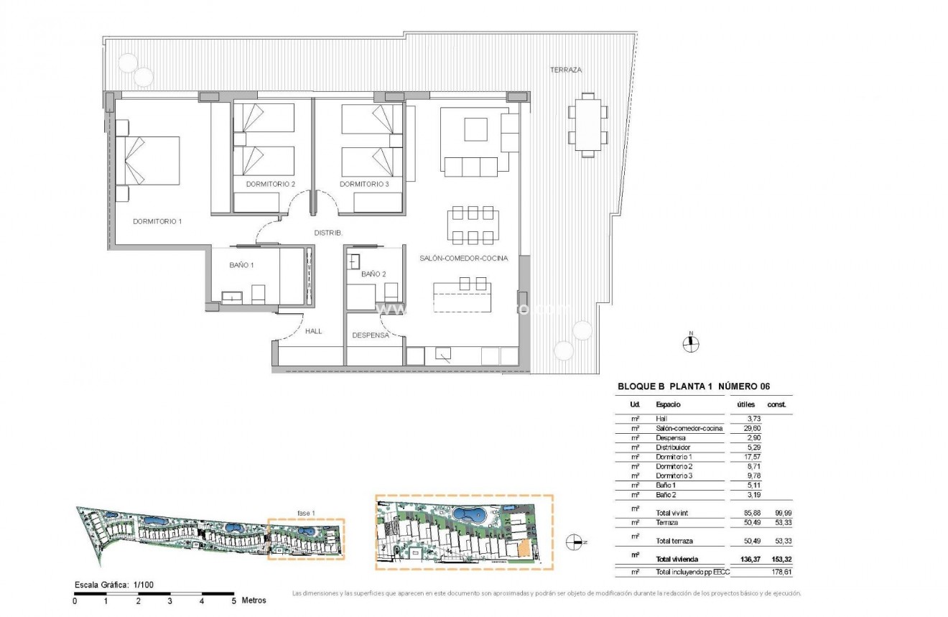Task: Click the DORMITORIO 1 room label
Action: (157, 221)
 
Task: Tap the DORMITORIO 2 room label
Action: (271, 185)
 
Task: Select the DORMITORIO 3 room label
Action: (364, 185)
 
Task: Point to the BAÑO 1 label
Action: (241, 265)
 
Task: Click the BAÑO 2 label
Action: (373, 274)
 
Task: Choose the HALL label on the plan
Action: (313, 332)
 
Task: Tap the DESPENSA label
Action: (371, 335)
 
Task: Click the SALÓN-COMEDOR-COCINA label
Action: (464, 258)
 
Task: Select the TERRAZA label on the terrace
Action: (565, 70)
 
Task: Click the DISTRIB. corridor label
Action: (328, 233)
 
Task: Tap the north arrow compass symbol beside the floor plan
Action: (690, 343)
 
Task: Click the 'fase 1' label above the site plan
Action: (306, 513)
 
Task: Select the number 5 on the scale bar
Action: (233, 600)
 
